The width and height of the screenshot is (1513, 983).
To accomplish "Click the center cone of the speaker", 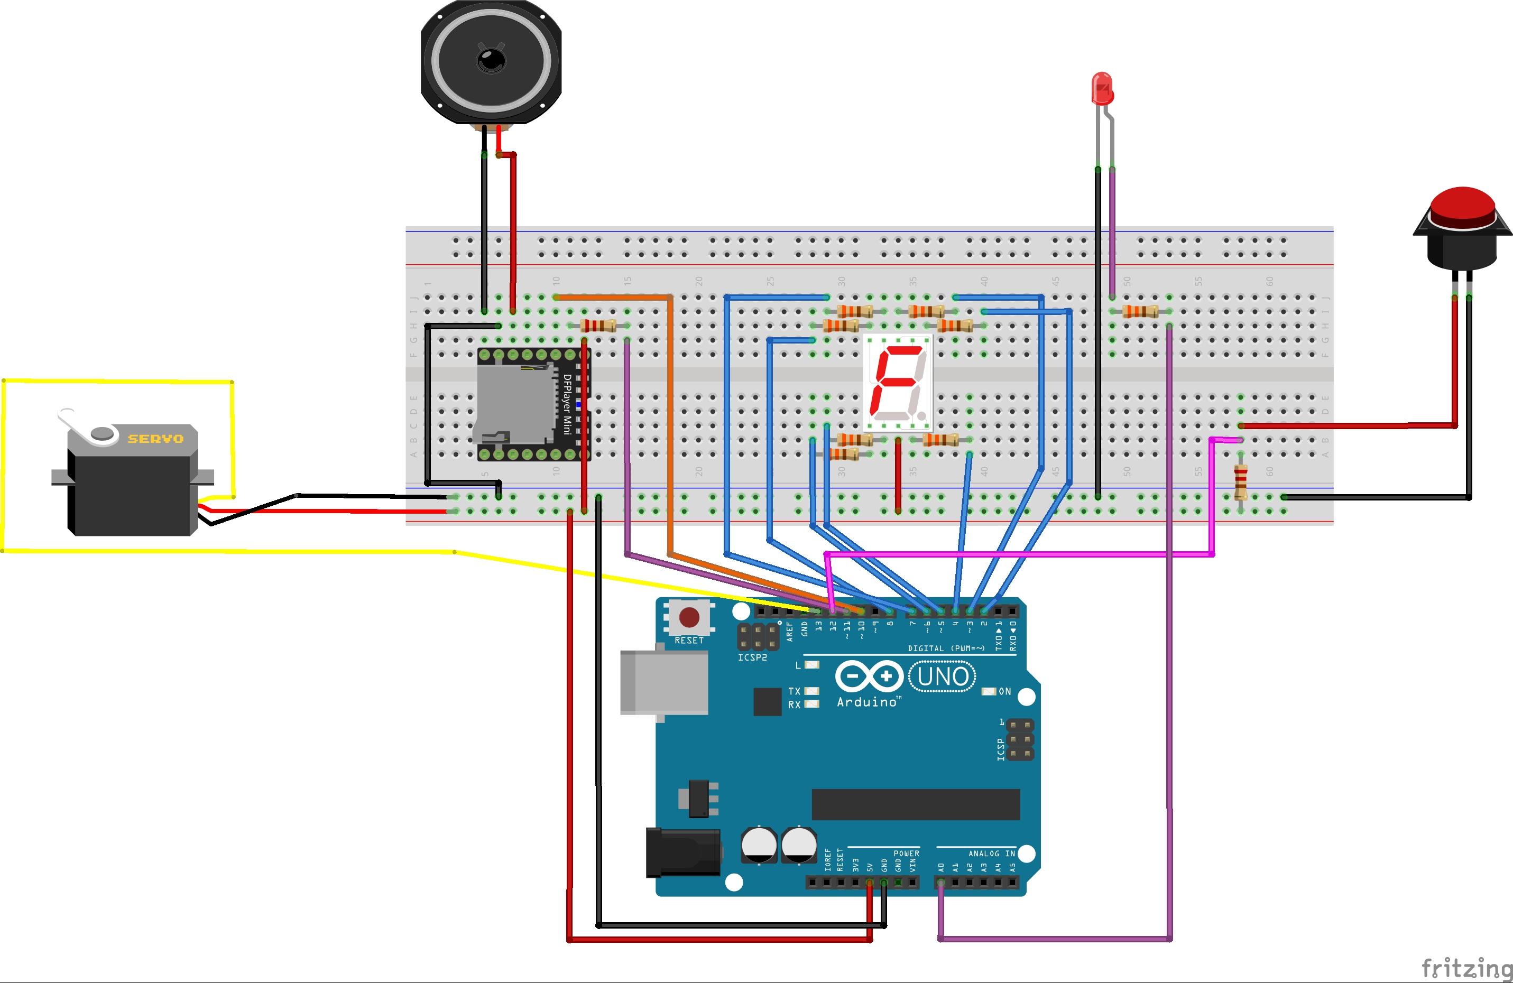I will point(491,61).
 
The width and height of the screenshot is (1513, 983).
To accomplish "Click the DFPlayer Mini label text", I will point(567,403).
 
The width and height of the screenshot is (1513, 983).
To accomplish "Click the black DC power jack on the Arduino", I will point(683,852).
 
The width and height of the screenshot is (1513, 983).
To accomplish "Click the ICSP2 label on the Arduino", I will point(752,657).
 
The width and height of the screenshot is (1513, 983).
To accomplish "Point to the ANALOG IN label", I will point(992,854).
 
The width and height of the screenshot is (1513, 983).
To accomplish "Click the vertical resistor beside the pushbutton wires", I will point(1240,481).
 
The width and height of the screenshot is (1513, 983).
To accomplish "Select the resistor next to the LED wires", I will point(1140,311).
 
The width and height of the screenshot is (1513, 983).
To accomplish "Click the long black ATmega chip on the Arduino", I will point(916,804).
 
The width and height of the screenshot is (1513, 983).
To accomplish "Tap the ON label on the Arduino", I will point(1004,691).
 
